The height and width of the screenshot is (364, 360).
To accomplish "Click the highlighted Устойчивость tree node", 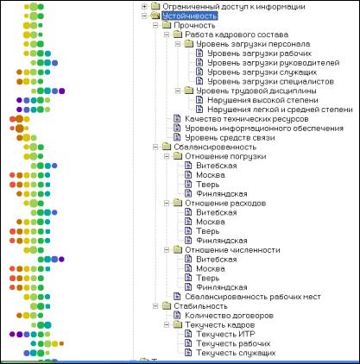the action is pos(190,16).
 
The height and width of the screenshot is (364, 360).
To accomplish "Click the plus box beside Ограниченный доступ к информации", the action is pos(144,6).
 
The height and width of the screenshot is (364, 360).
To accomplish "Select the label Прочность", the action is pos(194,25).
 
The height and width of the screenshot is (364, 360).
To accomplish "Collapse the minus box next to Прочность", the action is pos(155,25).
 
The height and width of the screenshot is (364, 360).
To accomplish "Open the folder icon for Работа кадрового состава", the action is pos(178,35).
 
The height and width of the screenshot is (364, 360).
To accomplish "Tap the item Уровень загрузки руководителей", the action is pos(274,63).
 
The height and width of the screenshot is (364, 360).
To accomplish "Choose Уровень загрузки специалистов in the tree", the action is pos(271,81).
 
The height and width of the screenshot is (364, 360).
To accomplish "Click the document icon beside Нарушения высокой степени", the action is pos(199,100).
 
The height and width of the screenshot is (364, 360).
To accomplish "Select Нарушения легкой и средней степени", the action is pos(280,110).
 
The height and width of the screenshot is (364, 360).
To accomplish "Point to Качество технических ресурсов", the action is pos(247,119).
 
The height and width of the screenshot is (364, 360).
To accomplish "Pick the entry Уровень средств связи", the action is pos(230,138).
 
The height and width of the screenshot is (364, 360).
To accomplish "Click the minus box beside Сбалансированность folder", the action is pos(155,147).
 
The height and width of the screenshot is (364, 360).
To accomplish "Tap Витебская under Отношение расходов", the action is pos(217,212).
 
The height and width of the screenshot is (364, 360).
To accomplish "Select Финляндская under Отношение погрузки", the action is pos(222,194).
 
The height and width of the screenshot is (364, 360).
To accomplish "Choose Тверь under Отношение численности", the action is pos(208,278).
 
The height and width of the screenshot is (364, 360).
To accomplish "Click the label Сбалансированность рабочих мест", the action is pos(253,297).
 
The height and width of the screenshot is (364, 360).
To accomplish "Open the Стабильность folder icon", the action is pos(167,306).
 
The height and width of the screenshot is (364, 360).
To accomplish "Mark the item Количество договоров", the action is pos(229,316).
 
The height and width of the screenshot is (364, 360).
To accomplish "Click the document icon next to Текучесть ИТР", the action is pos(188,334).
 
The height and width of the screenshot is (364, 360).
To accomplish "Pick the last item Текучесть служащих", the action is pos(236,353).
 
